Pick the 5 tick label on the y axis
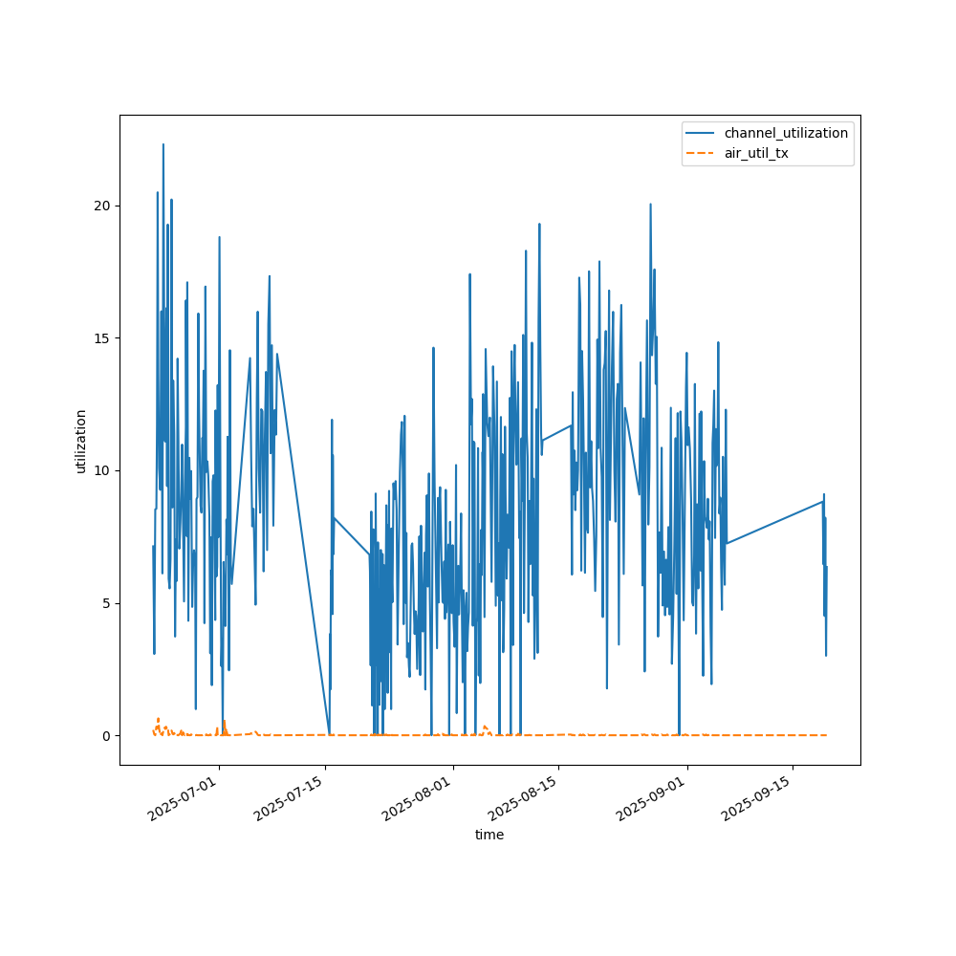point(106,603)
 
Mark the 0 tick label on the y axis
point(106,735)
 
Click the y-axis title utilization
point(81,441)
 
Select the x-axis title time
point(489,835)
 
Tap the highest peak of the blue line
point(163,144)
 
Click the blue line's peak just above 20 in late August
point(650,204)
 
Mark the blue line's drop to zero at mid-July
point(330,734)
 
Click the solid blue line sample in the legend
point(703,133)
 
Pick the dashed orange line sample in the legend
point(703,153)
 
